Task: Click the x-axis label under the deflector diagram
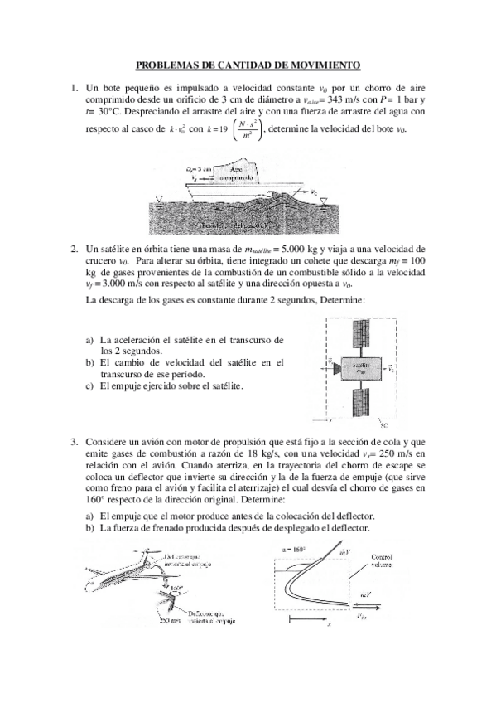coord(329,623)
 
